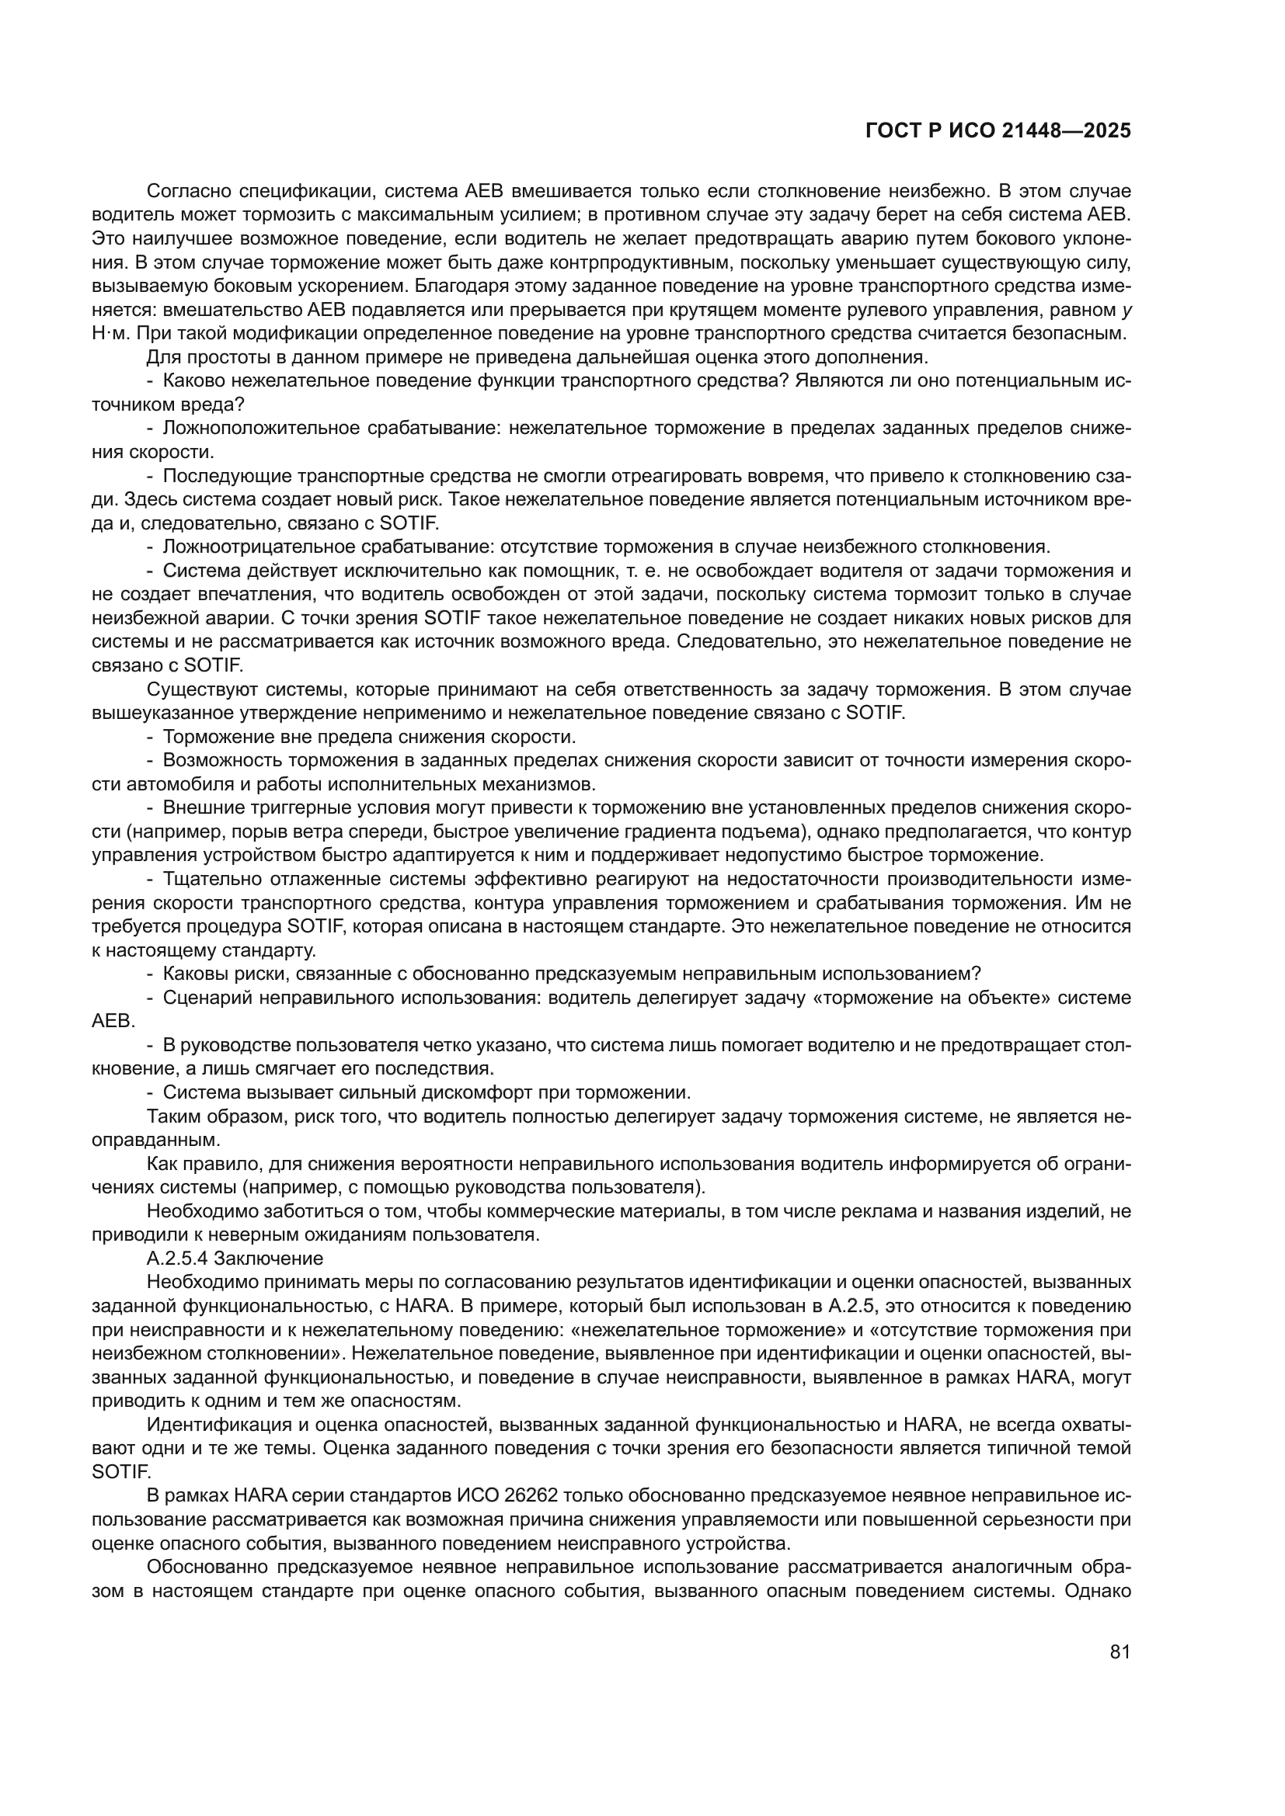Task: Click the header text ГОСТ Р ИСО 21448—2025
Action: coord(998,131)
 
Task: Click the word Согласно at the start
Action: coord(187,191)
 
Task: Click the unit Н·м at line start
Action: coord(105,333)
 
